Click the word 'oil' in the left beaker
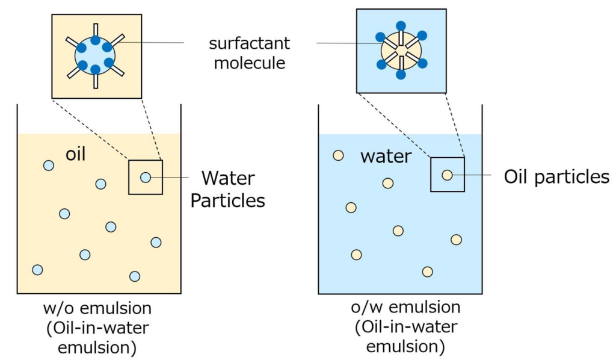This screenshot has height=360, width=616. click(75, 154)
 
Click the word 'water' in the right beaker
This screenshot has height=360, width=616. click(386, 157)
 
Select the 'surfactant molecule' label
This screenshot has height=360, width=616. click(250, 53)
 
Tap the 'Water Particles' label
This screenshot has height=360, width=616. click(228, 190)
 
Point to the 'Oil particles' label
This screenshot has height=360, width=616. click(556, 177)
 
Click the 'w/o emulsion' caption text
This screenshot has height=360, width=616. click(97, 308)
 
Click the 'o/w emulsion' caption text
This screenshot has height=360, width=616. click(406, 307)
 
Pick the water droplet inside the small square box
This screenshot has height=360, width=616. click(146, 177)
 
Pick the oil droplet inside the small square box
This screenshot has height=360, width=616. click(447, 175)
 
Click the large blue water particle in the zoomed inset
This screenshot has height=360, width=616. click(95, 55)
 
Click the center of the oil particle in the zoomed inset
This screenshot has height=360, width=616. click(401, 51)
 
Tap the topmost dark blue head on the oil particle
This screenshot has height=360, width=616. click(401, 26)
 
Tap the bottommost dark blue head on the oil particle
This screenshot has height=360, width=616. click(401, 74)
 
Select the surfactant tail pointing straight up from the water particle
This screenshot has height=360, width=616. click(96, 30)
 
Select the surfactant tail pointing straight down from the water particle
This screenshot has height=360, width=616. click(96, 81)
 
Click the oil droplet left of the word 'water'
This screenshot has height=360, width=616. click(338, 155)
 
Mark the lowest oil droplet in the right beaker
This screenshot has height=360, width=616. click(428, 272)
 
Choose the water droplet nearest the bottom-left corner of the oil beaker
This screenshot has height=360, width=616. click(37, 270)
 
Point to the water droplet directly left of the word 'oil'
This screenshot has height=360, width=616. click(49, 166)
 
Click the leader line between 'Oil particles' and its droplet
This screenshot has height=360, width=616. click(469, 175)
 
